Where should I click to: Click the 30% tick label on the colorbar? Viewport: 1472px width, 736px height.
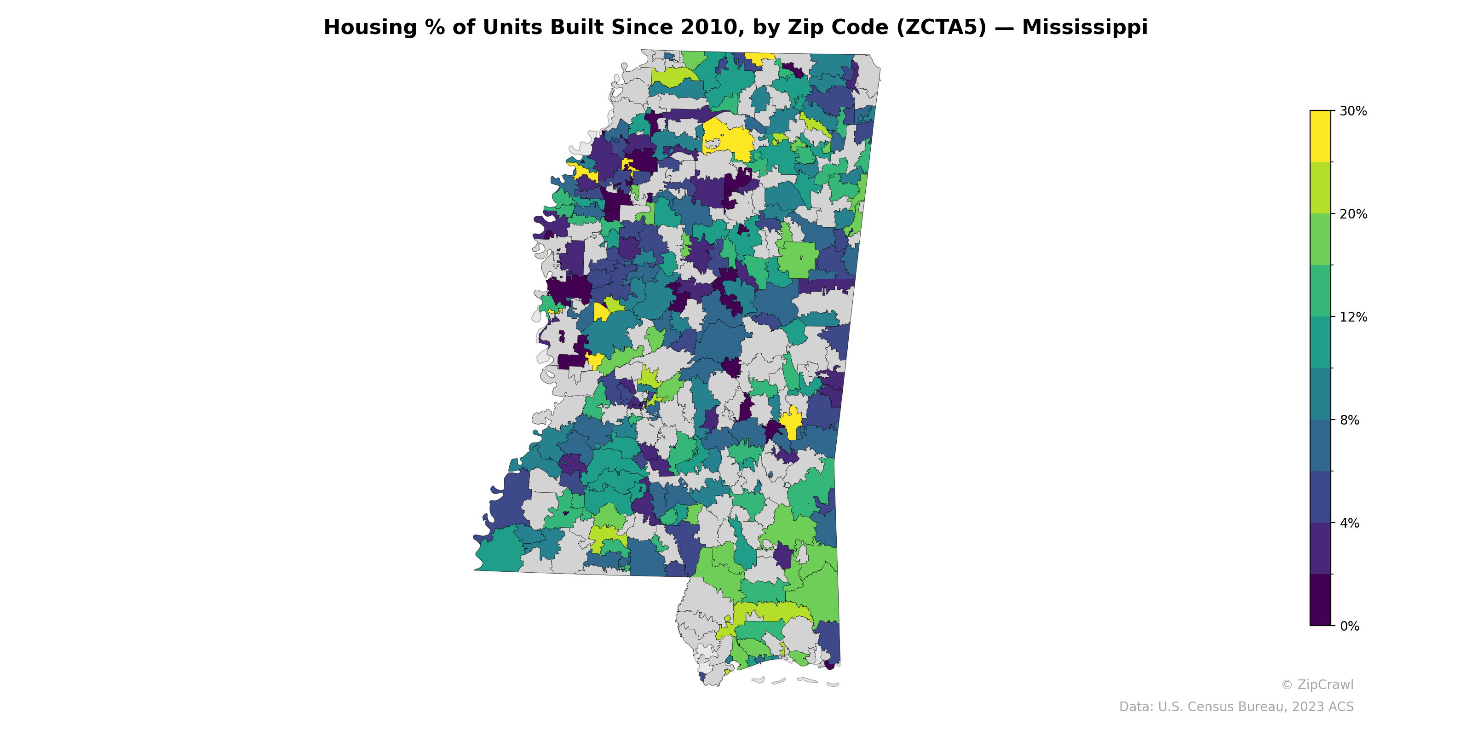point(1353,111)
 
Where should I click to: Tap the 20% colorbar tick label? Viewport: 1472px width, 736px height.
point(1353,214)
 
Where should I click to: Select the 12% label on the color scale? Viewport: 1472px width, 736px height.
point(1353,317)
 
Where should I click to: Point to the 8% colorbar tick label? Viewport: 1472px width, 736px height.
point(1349,420)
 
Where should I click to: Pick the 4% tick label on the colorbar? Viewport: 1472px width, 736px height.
point(1349,523)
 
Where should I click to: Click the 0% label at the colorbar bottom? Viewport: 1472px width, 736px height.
point(1349,626)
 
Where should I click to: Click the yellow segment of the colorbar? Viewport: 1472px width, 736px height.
point(1320,136)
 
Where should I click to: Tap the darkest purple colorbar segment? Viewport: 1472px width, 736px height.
point(1320,600)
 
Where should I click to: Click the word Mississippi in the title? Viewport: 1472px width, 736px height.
point(1085,28)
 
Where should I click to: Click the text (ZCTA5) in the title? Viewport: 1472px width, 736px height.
point(941,28)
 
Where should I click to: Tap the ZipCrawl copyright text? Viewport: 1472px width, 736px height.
point(1317,684)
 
